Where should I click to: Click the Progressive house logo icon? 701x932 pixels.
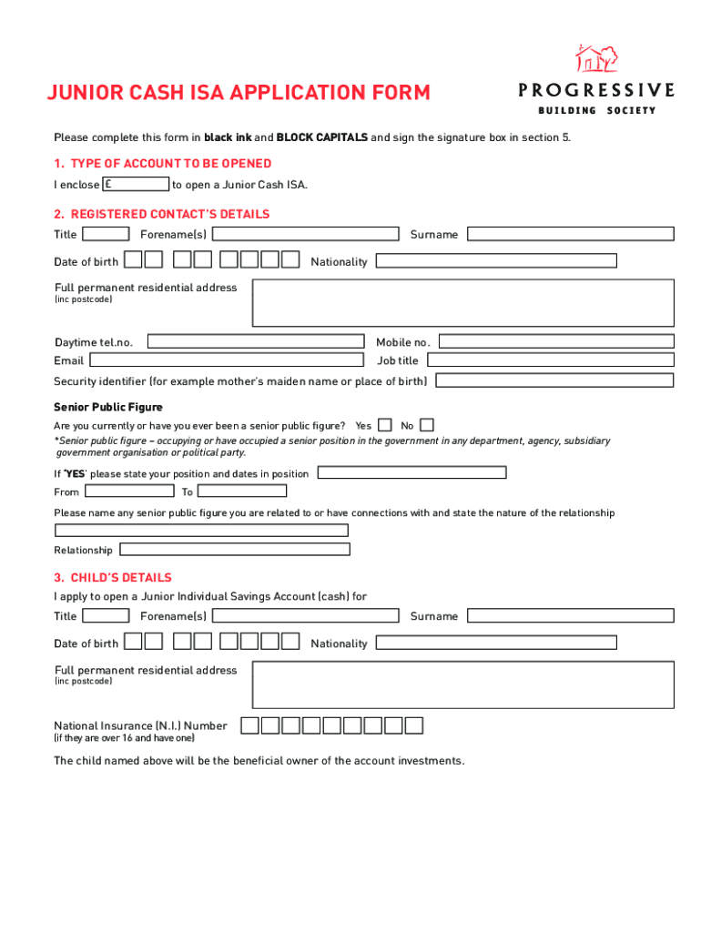coord(596,59)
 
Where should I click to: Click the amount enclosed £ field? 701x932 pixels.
coord(137,185)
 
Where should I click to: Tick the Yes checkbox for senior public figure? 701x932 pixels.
coord(385,425)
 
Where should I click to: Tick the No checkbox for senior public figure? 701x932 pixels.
coord(427,425)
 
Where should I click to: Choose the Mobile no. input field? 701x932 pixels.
coord(556,342)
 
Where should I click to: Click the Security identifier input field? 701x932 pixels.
coord(555,380)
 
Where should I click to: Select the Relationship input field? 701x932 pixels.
coord(235,550)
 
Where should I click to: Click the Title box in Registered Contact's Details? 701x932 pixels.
coord(106,234)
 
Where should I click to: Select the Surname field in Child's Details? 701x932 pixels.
coord(571,616)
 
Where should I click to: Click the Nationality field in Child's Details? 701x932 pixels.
coord(496,643)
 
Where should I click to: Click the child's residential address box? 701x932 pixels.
coord(462,684)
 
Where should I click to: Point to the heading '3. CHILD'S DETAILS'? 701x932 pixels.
coord(113,578)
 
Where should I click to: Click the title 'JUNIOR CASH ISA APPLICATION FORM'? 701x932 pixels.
coord(239,93)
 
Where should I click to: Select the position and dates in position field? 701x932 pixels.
coord(411,472)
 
